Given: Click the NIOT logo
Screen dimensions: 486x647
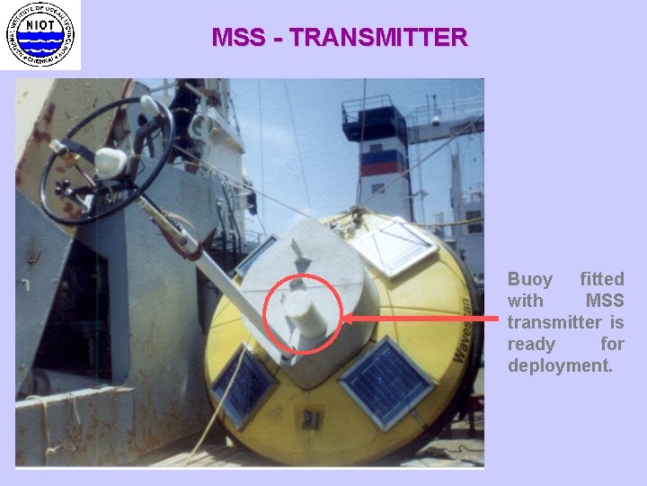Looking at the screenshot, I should click(40, 34).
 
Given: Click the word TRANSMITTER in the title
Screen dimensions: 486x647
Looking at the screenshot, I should click(379, 38).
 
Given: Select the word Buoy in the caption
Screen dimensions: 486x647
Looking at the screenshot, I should click(529, 279).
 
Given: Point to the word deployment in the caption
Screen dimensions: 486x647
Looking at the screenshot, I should click(560, 365).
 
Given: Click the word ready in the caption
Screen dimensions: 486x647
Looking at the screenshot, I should click(531, 344).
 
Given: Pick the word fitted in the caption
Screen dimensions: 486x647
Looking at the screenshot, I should click(601, 279).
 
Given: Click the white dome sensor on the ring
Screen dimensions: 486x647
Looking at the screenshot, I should click(110, 161).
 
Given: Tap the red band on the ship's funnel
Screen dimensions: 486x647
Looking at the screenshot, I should click(381, 168).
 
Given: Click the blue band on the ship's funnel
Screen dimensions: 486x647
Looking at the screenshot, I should click(381, 156).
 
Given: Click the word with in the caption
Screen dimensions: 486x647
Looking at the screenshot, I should click(525, 301).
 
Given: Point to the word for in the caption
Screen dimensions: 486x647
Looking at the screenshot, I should click(612, 344).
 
